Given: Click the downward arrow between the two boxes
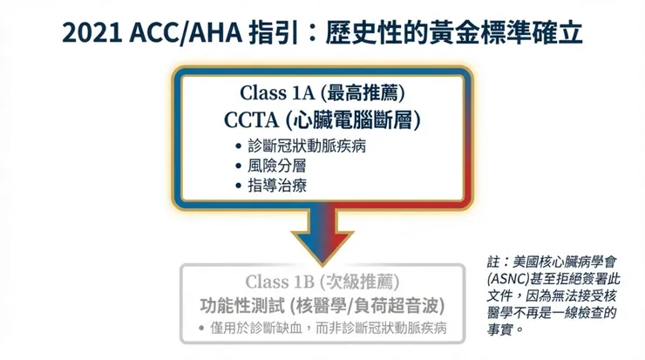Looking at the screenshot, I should pos(322,234).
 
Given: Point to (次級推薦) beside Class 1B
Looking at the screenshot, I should pos(360,281).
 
